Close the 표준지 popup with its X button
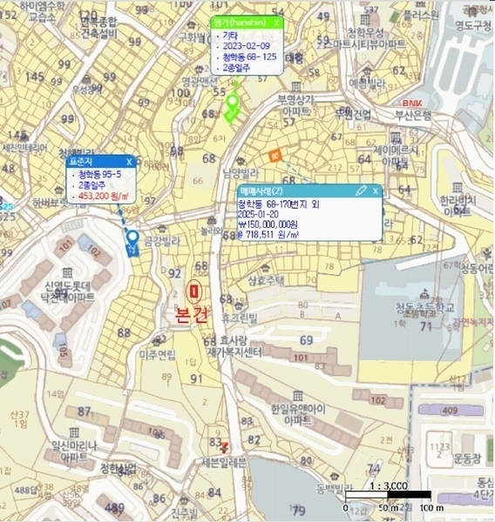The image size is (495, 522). [x=129, y=162]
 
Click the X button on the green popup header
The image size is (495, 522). [x=276, y=23]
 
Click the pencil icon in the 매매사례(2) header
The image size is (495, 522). [x=360, y=191]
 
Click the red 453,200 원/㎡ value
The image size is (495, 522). [x=105, y=197]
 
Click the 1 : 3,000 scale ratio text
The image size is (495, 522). [x=388, y=486]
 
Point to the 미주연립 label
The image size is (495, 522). [x=157, y=354]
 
